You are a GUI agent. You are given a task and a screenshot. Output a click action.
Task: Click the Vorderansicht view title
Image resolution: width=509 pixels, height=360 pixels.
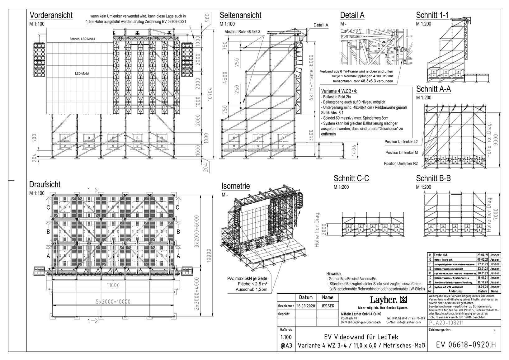coord(51,15)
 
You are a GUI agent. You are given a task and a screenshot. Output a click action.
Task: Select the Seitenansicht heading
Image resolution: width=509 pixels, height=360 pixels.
coord(240,15)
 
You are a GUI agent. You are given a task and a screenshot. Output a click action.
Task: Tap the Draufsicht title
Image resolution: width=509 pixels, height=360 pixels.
coord(45,184)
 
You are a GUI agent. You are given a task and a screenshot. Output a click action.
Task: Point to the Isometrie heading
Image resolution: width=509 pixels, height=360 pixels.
coord(236,186)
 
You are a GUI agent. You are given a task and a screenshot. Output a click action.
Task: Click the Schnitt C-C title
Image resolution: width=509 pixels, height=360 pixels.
coord(351,178)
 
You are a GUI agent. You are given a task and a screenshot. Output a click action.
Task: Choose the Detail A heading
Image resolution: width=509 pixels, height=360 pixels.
coord(352,15)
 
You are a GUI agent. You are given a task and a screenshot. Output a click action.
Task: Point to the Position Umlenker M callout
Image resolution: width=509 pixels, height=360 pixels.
coord(402,153)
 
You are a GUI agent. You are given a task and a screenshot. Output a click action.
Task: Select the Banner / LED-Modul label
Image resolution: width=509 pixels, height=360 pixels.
coord(82,39)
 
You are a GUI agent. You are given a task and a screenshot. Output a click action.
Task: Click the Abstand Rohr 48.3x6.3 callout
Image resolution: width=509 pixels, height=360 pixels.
coord(242,32)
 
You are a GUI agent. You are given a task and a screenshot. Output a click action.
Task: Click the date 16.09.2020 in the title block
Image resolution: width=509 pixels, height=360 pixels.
coord(306,306)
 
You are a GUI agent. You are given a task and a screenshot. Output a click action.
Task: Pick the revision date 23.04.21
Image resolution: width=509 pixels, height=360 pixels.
coord(483,255)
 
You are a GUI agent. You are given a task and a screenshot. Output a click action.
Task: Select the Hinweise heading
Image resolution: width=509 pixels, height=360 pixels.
coord(334,273)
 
